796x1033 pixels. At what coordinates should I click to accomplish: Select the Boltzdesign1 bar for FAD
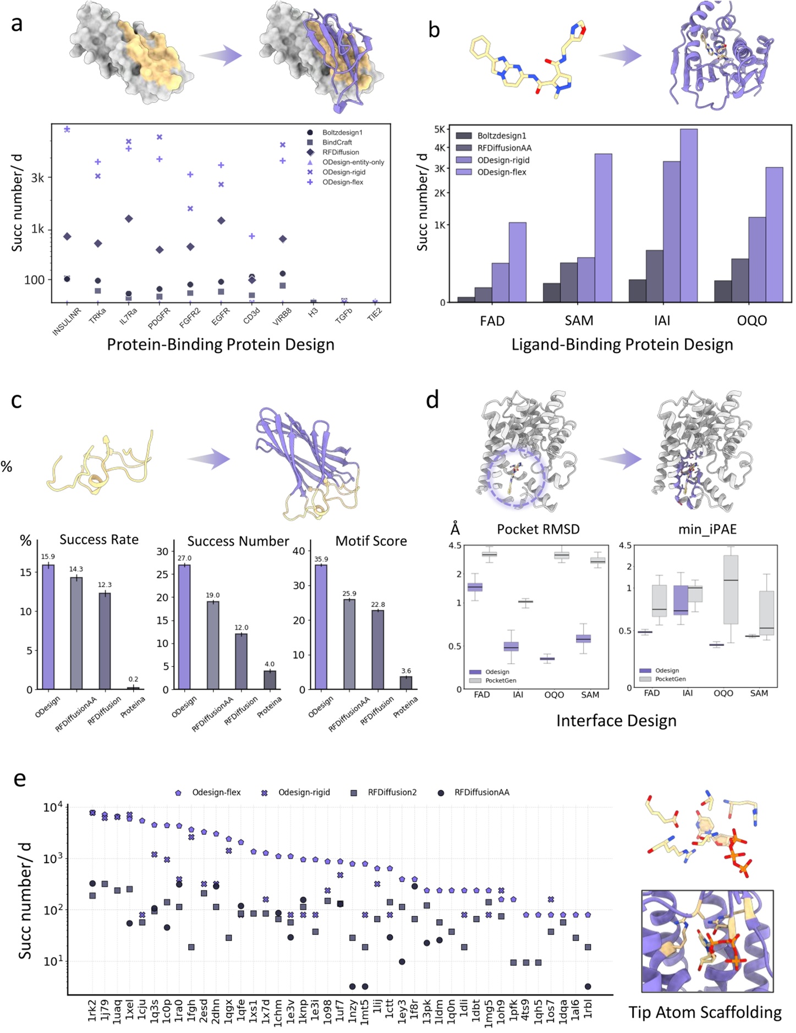pyautogui.click(x=466, y=299)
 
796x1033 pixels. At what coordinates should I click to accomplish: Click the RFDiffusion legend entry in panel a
pyautogui.click(x=341, y=152)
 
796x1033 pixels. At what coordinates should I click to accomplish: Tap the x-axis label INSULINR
pyautogui.click(x=67, y=321)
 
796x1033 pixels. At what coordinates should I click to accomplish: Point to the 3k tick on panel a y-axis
pyautogui.click(x=37, y=178)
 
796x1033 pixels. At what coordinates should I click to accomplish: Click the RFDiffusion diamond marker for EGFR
pyautogui.click(x=221, y=221)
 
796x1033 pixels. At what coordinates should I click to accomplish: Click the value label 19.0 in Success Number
pyautogui.click(x=212, y=595)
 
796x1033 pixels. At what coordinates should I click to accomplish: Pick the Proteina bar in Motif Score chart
pyautogui.click(x=405, y=682)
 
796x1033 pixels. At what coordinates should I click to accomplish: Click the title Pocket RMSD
pyautogui.click(x=538, y=529)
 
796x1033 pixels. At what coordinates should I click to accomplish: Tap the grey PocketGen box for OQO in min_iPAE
pyautogui.click(x=731, y=589)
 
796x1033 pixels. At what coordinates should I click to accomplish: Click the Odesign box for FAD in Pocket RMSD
pyautogui.click(x=475, y=587)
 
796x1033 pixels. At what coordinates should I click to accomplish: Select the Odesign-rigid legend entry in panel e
pyautogui.click(x=304, y=792)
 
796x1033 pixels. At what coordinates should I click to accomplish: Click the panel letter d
pyautogui.click(x=432, y=400)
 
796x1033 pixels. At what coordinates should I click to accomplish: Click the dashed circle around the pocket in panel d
pyautogui.click(x=515, y=474)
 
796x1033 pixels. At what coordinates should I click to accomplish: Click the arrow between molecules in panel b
pyautogui.click(x=621, y=56)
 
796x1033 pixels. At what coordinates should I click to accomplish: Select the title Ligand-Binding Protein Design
pyautogui.click(x=622, y=345)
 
